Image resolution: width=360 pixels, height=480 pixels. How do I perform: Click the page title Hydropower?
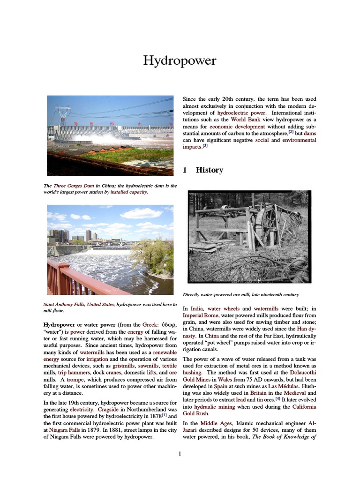click(x=180, y=61)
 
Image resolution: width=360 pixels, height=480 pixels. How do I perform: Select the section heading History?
click(x=209, y=170)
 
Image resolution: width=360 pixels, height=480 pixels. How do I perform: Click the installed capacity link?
click(x=129, y=192)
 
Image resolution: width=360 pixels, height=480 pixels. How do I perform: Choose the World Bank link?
click(x=244, y=120)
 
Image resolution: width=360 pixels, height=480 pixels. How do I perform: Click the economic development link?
click(x=237, y=127)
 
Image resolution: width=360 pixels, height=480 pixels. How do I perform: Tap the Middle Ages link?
click(x=211, y=424)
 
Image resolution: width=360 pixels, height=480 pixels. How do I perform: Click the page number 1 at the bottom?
click(x=180, y=454)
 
